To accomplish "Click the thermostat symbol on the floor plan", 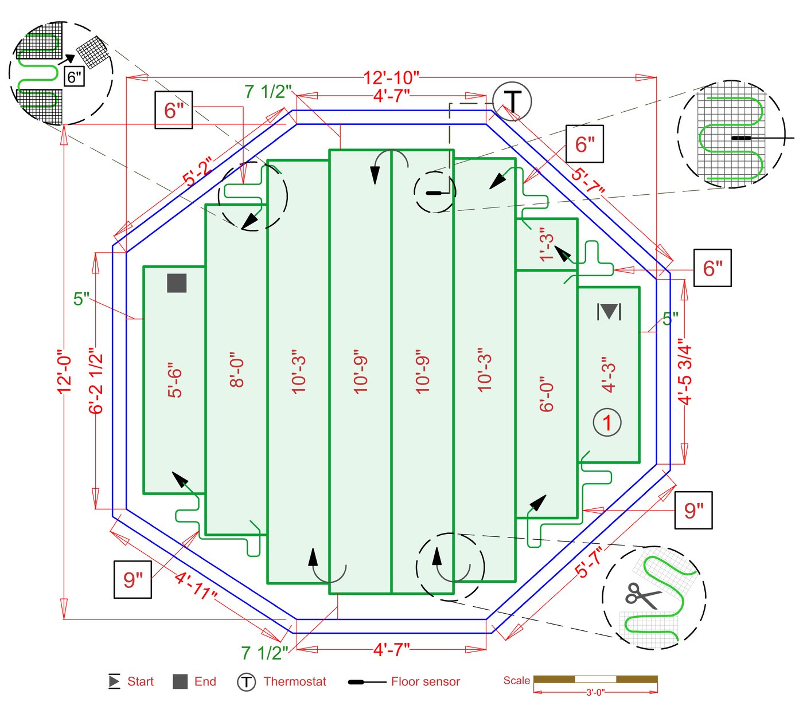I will pos(512,101).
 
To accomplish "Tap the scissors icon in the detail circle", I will pos(642,596).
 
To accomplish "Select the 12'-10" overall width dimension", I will pos(391,77).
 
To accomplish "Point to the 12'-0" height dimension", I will pos(64,372).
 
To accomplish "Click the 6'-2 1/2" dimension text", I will pos(96,380).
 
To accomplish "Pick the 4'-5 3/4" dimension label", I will pos(685,375).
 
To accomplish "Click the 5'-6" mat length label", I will pos(174,380).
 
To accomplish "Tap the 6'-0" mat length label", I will pos(547,394).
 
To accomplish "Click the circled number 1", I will pos(607,423).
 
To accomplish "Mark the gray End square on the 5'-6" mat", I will pos(177,283).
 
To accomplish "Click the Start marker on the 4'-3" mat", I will pos(609,312).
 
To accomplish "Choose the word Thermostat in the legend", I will pos(294,682).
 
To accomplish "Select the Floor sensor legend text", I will pos(425,682).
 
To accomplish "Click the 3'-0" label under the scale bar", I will pos(595,693).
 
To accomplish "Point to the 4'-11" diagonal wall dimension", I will pos(196,586).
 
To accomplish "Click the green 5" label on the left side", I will pos(81,299).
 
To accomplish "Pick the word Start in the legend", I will pos(140,682).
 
